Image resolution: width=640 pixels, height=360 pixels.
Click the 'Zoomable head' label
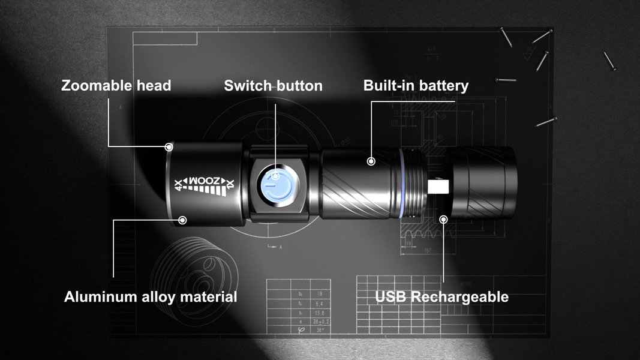click(116, 85)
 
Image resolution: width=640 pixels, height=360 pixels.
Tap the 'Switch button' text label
click(273, 86)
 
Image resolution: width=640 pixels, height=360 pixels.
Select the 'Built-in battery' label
click(416, 85)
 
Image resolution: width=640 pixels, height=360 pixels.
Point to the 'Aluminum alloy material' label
click(151, 296)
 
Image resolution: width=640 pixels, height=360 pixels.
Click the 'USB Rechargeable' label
click(442, 296)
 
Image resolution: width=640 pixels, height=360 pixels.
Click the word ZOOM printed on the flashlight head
click(205, 181)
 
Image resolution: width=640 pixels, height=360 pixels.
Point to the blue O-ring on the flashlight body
click(400, 183)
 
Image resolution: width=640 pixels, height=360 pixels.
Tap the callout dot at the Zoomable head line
click(170, 146)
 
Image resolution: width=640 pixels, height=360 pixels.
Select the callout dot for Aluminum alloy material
click(183, 220)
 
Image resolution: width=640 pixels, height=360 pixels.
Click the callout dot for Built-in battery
click(371, 161)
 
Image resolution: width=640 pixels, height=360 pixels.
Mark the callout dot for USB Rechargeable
click(444, 219)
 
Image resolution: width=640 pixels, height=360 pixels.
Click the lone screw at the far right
click(609, 60)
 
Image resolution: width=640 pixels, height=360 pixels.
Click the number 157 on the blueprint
click(427, 250)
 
